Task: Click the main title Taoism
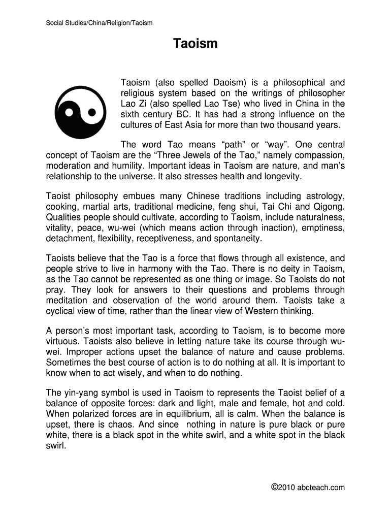click(x=195, y=44)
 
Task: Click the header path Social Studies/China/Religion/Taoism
click(x=99, y=23)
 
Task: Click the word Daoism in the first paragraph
click(x=230, y=82)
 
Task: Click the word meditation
click(x=67, y=300)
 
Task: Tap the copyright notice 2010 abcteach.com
click(x=308, y=487)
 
